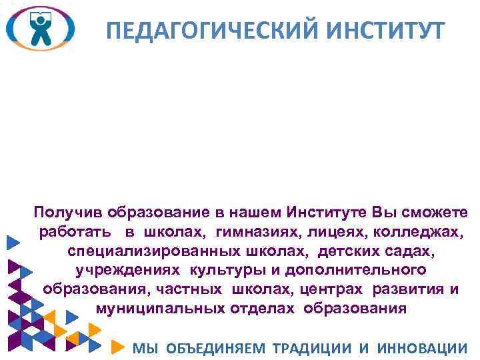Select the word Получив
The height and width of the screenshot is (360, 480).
pyautogui.click(x=67, y=213)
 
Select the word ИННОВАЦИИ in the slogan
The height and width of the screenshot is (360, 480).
pyautogui.click(x=422, y=347)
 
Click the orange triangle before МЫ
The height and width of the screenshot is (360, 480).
pyautogui.click(x=117, y=347)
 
